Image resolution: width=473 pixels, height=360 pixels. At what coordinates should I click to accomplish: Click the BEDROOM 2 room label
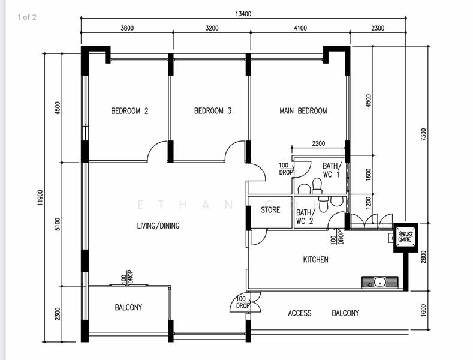point(129,111)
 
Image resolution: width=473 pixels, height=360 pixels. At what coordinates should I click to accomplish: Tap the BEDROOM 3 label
point(213,111)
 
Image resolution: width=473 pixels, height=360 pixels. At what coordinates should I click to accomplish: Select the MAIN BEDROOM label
point(303,111)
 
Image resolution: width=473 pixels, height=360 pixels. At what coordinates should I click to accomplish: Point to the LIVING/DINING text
point(158,226)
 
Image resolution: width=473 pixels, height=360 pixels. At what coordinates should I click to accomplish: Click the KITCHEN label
point(315,259)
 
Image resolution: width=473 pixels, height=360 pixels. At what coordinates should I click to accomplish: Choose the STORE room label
point(270,210)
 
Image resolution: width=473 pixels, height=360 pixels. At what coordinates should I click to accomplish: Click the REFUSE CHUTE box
point(406,238)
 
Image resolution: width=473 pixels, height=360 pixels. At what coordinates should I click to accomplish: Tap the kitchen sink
point(380,283)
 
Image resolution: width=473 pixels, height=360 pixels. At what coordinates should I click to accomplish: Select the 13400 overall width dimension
point(243,14)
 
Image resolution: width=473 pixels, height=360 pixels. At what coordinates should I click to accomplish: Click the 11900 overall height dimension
point(40,198)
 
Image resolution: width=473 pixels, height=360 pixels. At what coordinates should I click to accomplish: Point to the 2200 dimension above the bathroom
point(318,143)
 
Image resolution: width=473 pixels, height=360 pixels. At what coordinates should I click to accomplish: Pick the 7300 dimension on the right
point(423,134)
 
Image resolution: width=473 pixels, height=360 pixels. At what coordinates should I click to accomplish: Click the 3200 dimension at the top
point(212,28)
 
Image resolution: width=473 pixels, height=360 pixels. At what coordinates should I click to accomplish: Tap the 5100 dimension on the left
point(58,224)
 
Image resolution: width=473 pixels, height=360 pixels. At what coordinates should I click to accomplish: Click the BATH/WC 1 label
point(332,170)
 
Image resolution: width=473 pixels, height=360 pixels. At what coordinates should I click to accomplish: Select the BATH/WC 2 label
point(306,217)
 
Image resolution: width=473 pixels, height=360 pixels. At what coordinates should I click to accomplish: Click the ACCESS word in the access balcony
point(300,313)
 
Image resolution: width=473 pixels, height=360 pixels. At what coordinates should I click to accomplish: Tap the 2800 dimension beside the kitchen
point(423,257)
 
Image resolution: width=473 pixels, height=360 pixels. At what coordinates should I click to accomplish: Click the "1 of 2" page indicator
point(27,17)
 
